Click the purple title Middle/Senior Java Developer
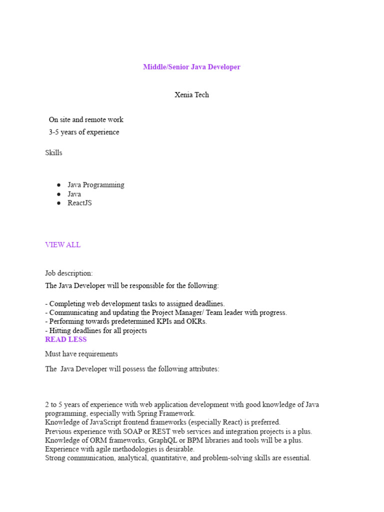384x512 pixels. pyautogui.click(x=191, y=67)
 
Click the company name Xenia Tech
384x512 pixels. pyautogui.click(x=191, y=95)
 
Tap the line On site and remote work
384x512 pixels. pyautogui.click(x=86, y=120)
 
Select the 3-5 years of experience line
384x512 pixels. pyautogui.click(x=84, y=132)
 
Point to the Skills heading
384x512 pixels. pyautogui.click(x=53, y=153)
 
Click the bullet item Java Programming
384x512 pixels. pyautogui.click(x=96, y=185)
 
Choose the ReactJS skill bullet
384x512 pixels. pyautogui.click(x=79, y=203)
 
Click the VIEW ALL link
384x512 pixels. pyautogui.click(x=62, y=245)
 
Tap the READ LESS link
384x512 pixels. pyautogui.click(x=65, y=339)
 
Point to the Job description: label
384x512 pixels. pyautogui.click(x=68, y=273)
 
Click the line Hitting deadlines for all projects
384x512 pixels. pyautogui.click(x=96, y=330)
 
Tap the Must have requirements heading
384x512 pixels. pyautogui.click(x=81, y=354)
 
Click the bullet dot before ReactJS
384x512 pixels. pyautogui.click(x=58, y=203)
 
